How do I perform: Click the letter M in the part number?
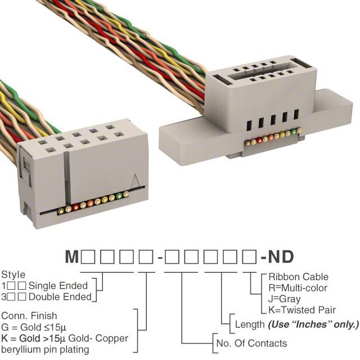pyautogui.click(x=72, y=256)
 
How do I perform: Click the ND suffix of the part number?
pyautogui.click(x=281, y=256)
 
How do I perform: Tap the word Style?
pyautogui.click(x=13, y=275)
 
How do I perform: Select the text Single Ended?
pyautogui.click(x=58, y=286)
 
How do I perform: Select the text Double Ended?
pyautogui.click(x=60, y=297)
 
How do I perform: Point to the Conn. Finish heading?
pyautogui.click(x=29, y=316)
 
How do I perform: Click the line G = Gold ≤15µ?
pyautogui.click(x=34, y=327)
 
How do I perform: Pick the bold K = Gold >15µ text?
pyautogui.click(x=34, y=338)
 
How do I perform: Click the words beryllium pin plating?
pyautogui.click(x=45, y=350)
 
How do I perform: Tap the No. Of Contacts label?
pyautogui.click(x=251, y=343)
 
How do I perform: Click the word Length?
pyautogui.click(x=250, y=325)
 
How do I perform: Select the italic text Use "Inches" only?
pyautogui.click(x=313, y=325)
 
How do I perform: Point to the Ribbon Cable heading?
pyautogui.click(x=299, y=277)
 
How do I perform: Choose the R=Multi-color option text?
pyautogui.click(x=298, y=288)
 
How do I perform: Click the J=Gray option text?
pyautogui.click(x=285, y=299)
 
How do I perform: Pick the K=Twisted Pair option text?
pyautogui.click(x=302, y=310)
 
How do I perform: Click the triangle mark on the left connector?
pyautogui.click(x=136, y=181)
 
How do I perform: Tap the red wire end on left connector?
pyautogui.click(x=76, y=207)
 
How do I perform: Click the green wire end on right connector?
pyautogui.click(x=294, y=132)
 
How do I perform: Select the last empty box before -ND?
pyautogui.click(x=249, y=256)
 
